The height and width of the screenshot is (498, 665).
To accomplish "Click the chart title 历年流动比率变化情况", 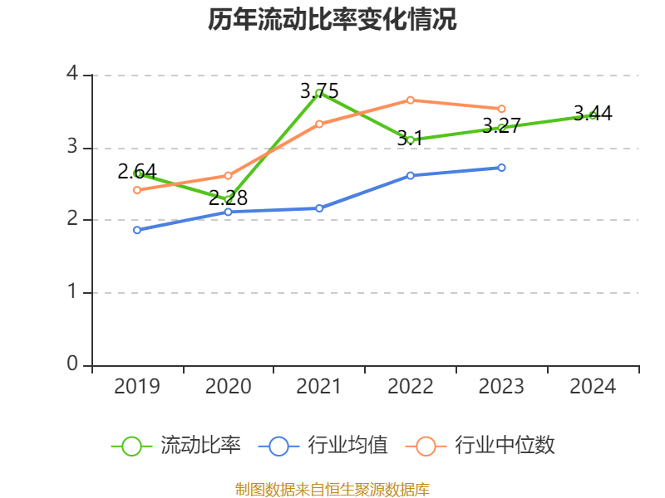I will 332,19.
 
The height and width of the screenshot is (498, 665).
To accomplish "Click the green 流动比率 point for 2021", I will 319,93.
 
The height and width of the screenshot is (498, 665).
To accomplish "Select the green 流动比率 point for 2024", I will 593,115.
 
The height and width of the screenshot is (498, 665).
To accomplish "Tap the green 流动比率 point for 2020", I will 229,199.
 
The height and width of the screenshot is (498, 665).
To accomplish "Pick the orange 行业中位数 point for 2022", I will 411,100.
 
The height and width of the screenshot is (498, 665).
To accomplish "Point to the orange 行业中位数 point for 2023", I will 501,109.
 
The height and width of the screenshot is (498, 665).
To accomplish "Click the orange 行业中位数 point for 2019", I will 137,190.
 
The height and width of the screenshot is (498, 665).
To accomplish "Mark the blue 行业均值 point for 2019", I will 137,230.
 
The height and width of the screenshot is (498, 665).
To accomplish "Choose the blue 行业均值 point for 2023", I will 501,168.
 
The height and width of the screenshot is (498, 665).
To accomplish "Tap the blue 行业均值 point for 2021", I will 319,208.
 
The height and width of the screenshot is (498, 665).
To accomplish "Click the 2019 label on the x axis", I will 137,387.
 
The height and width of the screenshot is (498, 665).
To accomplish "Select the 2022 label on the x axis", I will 411,387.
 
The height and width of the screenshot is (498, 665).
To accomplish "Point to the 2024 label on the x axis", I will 593,387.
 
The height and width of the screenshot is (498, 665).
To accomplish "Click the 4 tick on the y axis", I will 72,75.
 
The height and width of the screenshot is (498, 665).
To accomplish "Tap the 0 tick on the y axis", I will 72,364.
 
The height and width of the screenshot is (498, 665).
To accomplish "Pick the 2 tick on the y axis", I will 72,220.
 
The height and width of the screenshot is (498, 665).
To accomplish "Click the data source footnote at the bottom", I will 332,489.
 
